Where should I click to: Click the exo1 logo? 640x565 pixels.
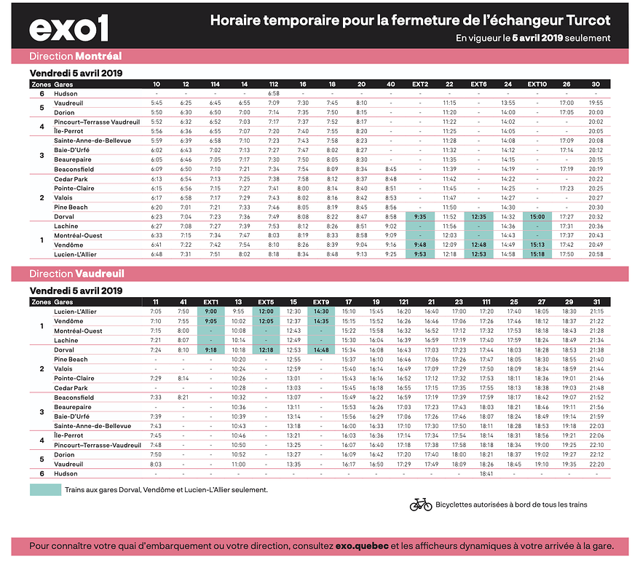pos(68,28)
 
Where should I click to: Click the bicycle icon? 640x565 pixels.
pos(421,505)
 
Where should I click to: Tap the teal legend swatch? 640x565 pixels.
pos(45,489)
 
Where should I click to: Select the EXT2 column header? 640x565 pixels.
pos(420,84)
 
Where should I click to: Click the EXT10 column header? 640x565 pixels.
pos(537,84)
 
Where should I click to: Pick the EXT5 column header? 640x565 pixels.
pos(266,302)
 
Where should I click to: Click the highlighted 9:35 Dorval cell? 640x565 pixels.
pos(420,217)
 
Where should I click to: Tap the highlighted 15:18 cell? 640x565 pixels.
pos(537,254)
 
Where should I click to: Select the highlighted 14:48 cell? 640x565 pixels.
pos(321,350)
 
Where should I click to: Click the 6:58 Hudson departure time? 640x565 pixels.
pos(274,93)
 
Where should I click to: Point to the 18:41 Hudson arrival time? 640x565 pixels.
pos(486,473)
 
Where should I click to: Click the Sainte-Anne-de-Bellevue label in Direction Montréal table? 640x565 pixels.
pos(92,141)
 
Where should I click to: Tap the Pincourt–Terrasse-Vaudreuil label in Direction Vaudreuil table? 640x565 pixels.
pos(98,445)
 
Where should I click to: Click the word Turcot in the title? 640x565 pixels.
pos(588,20)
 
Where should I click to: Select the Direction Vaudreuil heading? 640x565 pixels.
pos(76,274)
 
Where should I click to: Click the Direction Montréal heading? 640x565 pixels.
pos(76,56)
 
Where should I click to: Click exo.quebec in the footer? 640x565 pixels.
pos(362,546)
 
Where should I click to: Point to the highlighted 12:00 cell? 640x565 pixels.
pos(266,311)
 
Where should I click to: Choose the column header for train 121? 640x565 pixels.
pos(403,302)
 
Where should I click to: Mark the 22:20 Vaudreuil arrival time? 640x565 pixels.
pos(597,465)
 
